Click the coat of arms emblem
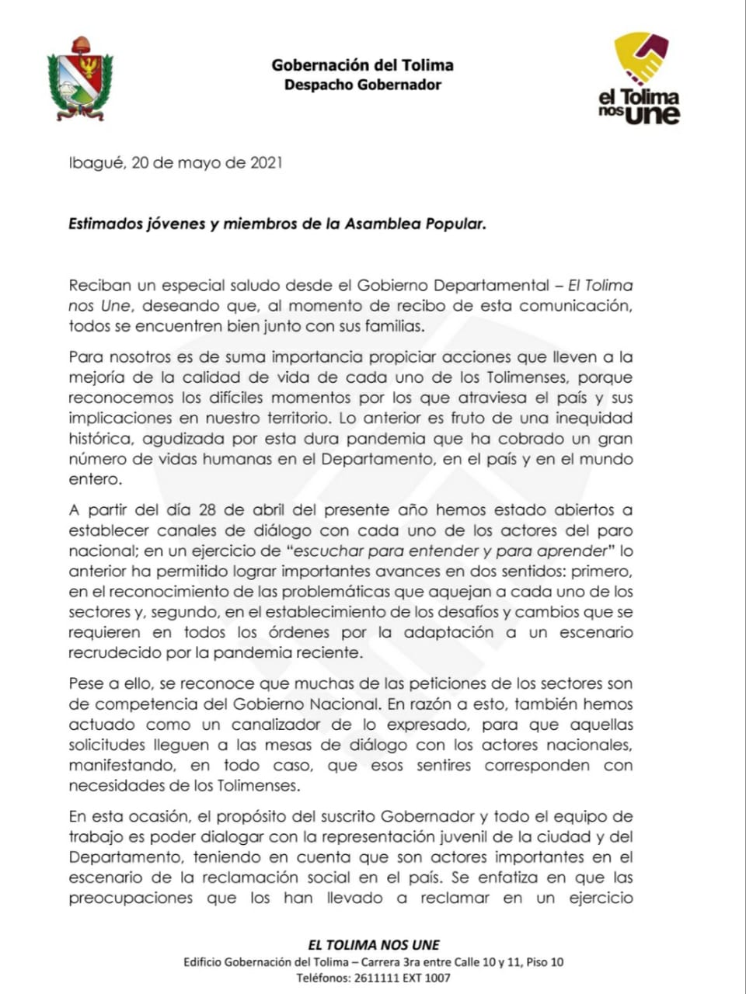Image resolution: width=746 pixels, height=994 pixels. pyautogui.click(x=79, y=78)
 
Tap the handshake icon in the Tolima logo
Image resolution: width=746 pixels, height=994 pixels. pyautogui.click(x=641, y=58)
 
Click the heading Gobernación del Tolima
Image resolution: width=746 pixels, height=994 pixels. pyautogui.click(x=362, y=65)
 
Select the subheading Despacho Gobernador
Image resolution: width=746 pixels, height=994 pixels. pyautogui.click(x=362, y=85)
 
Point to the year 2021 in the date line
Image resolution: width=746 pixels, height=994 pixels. pyautogui.click(x=266, y=163)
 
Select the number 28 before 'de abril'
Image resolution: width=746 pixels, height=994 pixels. pyautogui.click(x=207, y=510)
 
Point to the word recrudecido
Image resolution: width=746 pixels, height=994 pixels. pyautogui.click(x=113, y=653)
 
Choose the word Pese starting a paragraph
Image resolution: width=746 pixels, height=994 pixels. pyautogui.click(x=85, y=684)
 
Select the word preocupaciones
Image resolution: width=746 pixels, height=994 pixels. pyautogui.click(x=131, y=898)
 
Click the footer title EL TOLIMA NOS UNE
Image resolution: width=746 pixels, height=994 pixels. pyautogui.click(x=374, y=945)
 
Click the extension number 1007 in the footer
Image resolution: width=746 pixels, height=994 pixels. pyautogui.click(x=437, y=978)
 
